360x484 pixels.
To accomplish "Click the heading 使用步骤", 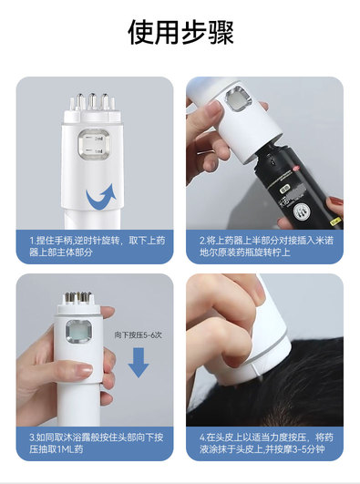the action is [180, 32].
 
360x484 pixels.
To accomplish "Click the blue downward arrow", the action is [139, 363].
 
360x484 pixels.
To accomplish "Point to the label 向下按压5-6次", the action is [138, 335].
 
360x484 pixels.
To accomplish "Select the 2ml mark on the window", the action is [98, 139].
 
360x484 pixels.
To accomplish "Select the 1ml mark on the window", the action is [98, 151].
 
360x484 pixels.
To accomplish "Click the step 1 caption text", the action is [98, 246].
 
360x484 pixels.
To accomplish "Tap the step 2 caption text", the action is [266, 246].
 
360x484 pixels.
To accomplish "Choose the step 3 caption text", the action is [96, 443].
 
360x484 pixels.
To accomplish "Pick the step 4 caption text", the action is [266, 443].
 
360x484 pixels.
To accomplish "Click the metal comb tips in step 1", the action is [92, 101].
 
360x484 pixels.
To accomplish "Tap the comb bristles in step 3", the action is [77, 297].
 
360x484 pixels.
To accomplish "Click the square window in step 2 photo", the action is [239, 99].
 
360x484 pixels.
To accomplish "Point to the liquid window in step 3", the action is [78, 333].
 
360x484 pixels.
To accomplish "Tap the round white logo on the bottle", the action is [300, 212].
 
